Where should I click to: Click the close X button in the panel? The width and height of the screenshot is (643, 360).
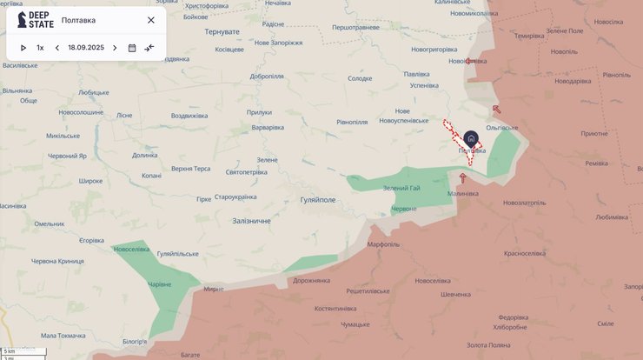click(x=151, y=20)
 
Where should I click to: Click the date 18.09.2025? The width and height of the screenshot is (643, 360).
click(x=86, y=48)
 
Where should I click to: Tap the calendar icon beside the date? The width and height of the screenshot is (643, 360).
click(x=132, y=48)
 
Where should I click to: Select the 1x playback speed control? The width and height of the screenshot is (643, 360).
click(x=40, y=48)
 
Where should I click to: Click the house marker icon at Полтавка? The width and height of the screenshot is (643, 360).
click(x=471, y=138)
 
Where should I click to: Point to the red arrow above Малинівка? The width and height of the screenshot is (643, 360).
click(x=462, y=177)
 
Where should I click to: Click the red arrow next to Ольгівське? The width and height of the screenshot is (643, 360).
click(x=496, y=110)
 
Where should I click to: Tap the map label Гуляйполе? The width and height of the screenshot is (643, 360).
click(x=317, y=199)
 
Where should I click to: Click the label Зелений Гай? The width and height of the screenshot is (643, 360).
click(x=401, y=189)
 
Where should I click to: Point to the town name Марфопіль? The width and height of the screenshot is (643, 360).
click(x=383, y=244)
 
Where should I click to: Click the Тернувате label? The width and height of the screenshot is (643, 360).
click(x=222, y=31)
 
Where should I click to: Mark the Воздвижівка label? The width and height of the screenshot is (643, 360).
click(x=189, y=116)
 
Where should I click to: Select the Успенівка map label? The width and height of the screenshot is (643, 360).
click(x=424, y=85)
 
